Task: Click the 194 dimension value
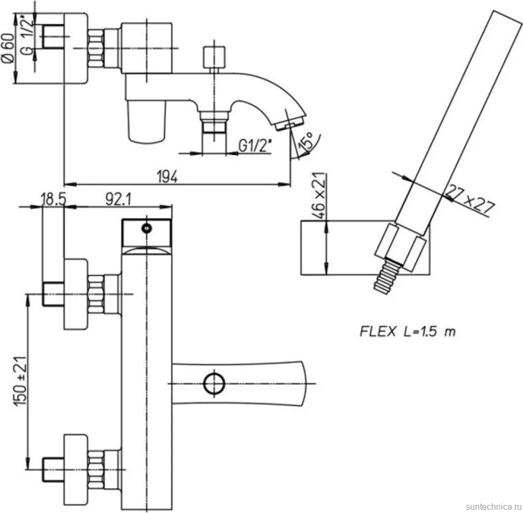[x=167, y=176]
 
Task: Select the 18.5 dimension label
[x=53, y=200]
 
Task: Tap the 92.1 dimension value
[x=119, y=200]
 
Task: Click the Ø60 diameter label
[x=9, y=47]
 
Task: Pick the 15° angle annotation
[x=307, y=140]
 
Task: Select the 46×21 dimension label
[x=319, y=195]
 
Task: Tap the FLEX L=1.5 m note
[x=408, y=332]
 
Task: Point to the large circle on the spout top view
[x=214, y=384]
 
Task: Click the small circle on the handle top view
[x=147, y=228]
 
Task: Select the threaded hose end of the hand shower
[x=387, y=277]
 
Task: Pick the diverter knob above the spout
[x=214, y=57]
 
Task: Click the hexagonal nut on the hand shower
[x=400, y=247]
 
